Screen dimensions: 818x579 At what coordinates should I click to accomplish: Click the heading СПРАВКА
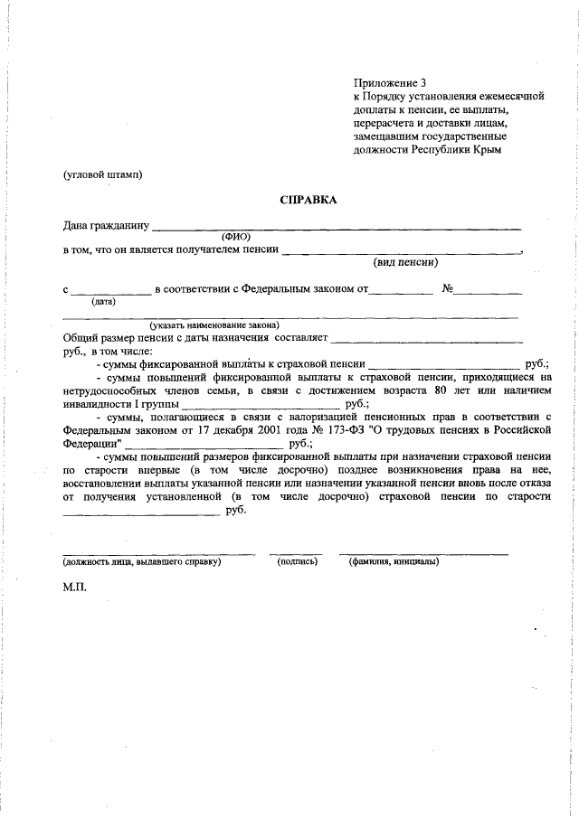(x=308, y=201)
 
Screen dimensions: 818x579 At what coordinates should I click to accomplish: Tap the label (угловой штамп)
(x=103, y=174)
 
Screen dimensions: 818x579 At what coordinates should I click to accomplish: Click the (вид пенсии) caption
(x=406, y=263)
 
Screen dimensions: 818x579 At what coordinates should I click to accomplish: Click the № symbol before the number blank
(x=447, y=289)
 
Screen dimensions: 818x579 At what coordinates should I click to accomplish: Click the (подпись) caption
(x=297, y=561)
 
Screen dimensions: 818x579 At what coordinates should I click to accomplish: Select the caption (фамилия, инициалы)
(x=394, y=561)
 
